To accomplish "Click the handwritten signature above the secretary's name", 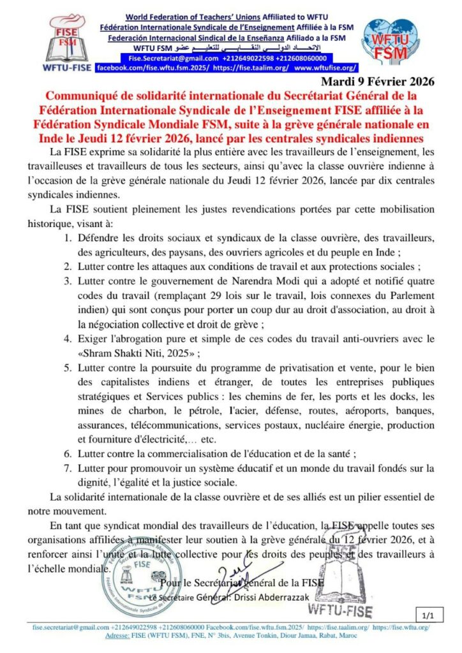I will point(239,571).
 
